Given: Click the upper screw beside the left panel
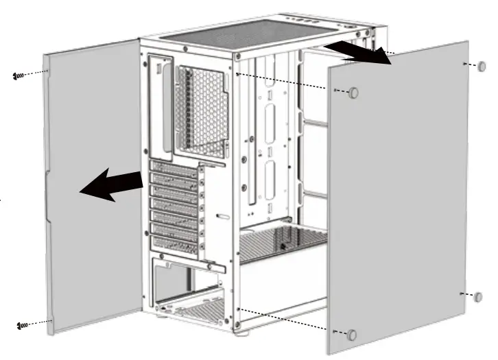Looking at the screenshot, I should point(19,75).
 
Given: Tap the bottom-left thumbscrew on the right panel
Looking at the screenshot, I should point(352,335).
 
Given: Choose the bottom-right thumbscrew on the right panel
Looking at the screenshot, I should point(478,296).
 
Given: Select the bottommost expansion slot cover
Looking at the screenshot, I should point(174,241).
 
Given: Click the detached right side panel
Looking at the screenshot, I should point(405,199).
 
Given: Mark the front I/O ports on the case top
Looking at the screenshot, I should point(346,21).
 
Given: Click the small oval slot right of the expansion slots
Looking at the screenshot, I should point(223,216).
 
